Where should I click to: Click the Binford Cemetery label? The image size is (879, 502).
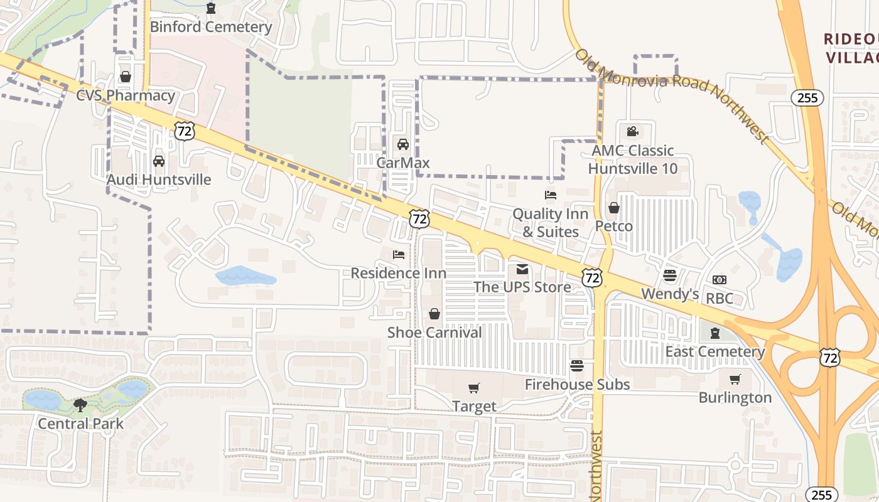211,27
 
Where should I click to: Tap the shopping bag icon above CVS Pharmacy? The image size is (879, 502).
126,77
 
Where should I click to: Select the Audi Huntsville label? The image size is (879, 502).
159,179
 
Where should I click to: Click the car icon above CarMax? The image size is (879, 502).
403,144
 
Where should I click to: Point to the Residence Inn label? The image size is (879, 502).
399,273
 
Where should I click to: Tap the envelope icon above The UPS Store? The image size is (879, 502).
522,270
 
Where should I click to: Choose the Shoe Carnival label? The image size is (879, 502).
434,332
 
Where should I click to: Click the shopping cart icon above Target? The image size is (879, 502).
474,389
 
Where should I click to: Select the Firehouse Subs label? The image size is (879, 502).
577,384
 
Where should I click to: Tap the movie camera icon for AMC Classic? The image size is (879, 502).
632,132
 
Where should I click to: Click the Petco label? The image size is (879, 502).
613,226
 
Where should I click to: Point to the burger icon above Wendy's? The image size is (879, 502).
670,275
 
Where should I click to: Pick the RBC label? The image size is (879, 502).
720,298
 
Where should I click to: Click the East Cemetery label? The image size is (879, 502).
715,351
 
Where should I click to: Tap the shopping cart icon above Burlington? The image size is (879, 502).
735,380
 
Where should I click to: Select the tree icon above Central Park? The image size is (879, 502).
80,405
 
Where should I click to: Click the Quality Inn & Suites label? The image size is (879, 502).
551,223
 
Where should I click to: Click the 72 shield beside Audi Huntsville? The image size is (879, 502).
185,131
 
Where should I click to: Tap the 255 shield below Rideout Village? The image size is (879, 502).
807,97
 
